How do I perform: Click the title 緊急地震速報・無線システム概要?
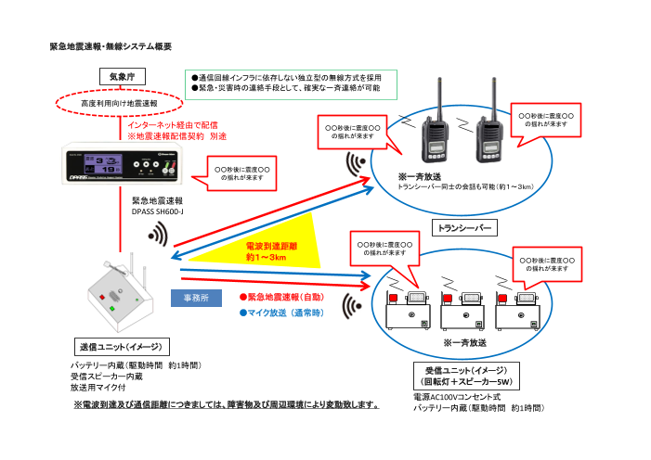[111, 45]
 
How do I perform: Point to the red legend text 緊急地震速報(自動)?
[281, 297]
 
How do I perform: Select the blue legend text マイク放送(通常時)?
[281, 313]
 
